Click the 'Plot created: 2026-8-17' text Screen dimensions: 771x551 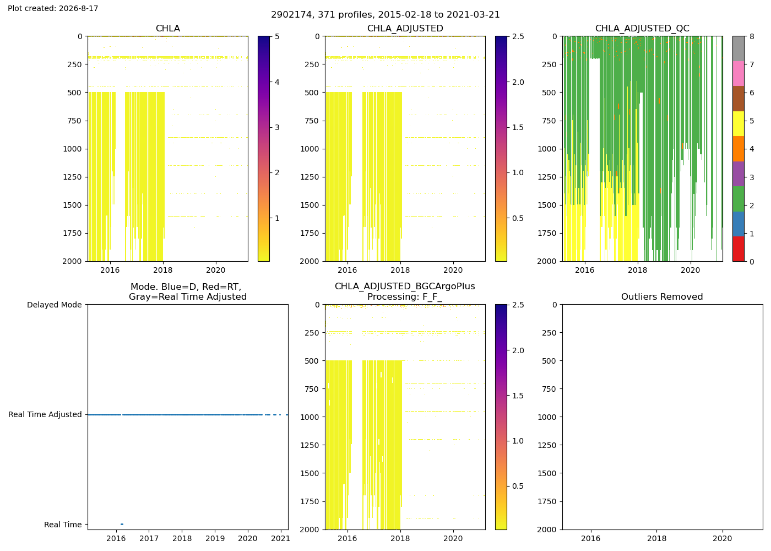(x=53, y=8)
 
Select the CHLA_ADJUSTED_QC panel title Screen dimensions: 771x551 (x=642, y=29)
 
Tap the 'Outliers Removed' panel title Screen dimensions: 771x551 (x=662, y=297)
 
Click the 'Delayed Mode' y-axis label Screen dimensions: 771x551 (x=55, y=305)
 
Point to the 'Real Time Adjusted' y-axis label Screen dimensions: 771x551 (x=45, y=414)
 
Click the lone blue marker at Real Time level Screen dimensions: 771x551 (x=122, y=525)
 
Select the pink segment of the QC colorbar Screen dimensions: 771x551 (x=739, y=74)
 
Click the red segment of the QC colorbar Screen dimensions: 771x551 (x=739, y=249)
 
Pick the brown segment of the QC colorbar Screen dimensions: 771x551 (x=739, y=99)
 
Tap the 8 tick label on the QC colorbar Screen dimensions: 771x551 (x=752, y=36)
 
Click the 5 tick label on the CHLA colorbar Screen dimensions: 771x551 (x=277, y=36)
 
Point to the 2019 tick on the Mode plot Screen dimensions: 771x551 (x=215, y=538)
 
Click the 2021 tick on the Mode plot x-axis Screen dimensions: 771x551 (x=280, y=538)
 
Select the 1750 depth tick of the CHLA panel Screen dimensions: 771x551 (x=72, y=234)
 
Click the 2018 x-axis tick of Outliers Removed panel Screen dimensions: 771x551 (x=656, y=538)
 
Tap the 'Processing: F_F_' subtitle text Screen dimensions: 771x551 (x=405, y=297)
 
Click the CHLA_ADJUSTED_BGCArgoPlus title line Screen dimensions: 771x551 (x=405, y=287)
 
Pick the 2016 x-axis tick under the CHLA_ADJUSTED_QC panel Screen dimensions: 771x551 (x=584, y=270)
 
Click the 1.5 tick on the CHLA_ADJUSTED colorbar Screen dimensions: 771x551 (x=518, y=127)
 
